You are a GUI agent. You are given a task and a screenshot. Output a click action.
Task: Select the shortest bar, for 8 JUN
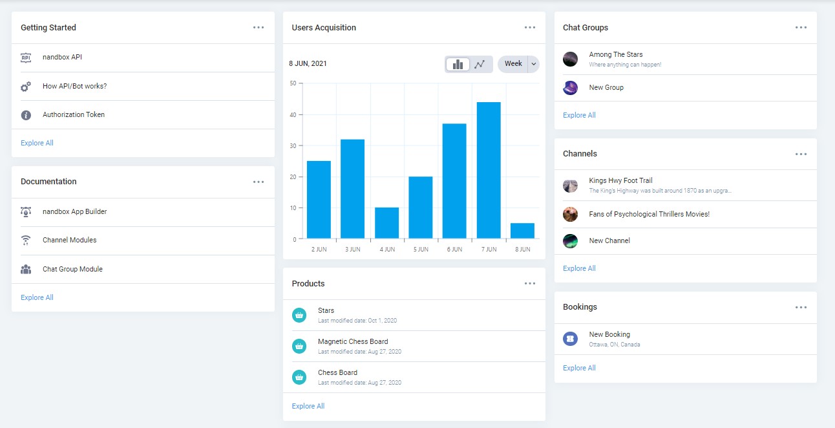pos(522,231)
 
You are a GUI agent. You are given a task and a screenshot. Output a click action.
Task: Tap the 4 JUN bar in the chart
pos(386,223)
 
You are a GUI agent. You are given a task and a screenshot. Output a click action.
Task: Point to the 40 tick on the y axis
pos(293,114)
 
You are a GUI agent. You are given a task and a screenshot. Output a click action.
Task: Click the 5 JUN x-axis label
pos(421,250)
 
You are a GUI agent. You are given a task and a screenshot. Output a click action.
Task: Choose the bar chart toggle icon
pos(458,64)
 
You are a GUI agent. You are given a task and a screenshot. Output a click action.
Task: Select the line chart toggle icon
pos(480,64)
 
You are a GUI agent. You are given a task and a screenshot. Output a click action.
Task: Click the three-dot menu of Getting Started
pos(259,28)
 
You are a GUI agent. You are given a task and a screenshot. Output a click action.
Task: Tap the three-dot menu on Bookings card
pos(801,307)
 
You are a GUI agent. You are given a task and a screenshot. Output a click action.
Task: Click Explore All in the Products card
pos(308,406)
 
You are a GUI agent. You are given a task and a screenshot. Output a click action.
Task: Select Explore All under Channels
pos(579,268)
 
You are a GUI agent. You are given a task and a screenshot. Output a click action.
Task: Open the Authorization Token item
pos(74,114)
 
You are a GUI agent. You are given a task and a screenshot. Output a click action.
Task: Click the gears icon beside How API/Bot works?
pos(26,87)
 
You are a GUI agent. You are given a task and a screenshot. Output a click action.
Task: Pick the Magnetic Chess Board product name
pos(353,341)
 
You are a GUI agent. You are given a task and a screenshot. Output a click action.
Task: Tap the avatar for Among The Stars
pos(570,59)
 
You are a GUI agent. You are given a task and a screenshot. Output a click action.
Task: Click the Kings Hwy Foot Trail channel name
pos(621,180)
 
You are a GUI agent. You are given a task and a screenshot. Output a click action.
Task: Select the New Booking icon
pos(570,339)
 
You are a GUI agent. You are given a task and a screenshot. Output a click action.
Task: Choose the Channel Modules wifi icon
pos(26,241)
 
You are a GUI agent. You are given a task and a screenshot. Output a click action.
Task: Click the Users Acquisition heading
pos(324,28)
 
